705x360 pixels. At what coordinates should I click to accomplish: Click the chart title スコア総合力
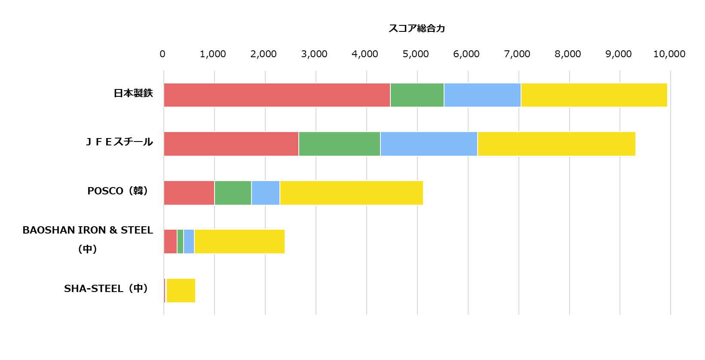click(x=417, y=28)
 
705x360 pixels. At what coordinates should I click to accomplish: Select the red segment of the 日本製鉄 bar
click(x=277, y=95)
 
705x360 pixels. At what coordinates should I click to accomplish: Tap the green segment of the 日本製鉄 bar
click(x=417, y=95)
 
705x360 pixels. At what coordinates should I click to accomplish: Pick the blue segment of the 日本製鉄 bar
click(x=482, y=95)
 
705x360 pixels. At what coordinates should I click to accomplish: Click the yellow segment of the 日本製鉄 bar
click(x=594, y=95)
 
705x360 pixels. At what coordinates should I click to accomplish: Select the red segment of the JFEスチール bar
click(x=231, y=144)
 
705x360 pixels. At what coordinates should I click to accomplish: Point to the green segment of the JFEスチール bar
click(x=340, y=144)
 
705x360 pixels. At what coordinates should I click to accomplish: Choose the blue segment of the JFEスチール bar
click(x=429, y=144)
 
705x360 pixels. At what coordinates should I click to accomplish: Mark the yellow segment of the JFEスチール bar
click(x=556, y=144)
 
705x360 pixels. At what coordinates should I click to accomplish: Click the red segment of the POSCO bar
click(x=189, y=193)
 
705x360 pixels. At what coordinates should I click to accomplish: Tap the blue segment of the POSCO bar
click(x=266, y=193)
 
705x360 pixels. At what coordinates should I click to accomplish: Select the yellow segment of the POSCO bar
click(x=351, y=193)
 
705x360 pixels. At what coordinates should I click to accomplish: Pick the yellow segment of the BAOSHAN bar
click(x=239, y=242)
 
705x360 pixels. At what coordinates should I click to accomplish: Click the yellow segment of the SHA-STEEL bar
click(x=181, y=290)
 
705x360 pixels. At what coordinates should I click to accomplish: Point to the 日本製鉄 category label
click(x=133, y=93)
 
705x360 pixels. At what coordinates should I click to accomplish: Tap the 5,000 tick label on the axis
click(x=416, y=54)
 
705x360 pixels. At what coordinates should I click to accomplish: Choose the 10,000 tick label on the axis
click(x=669, y=54)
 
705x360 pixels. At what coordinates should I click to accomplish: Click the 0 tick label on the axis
click(x=162, y=54)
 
